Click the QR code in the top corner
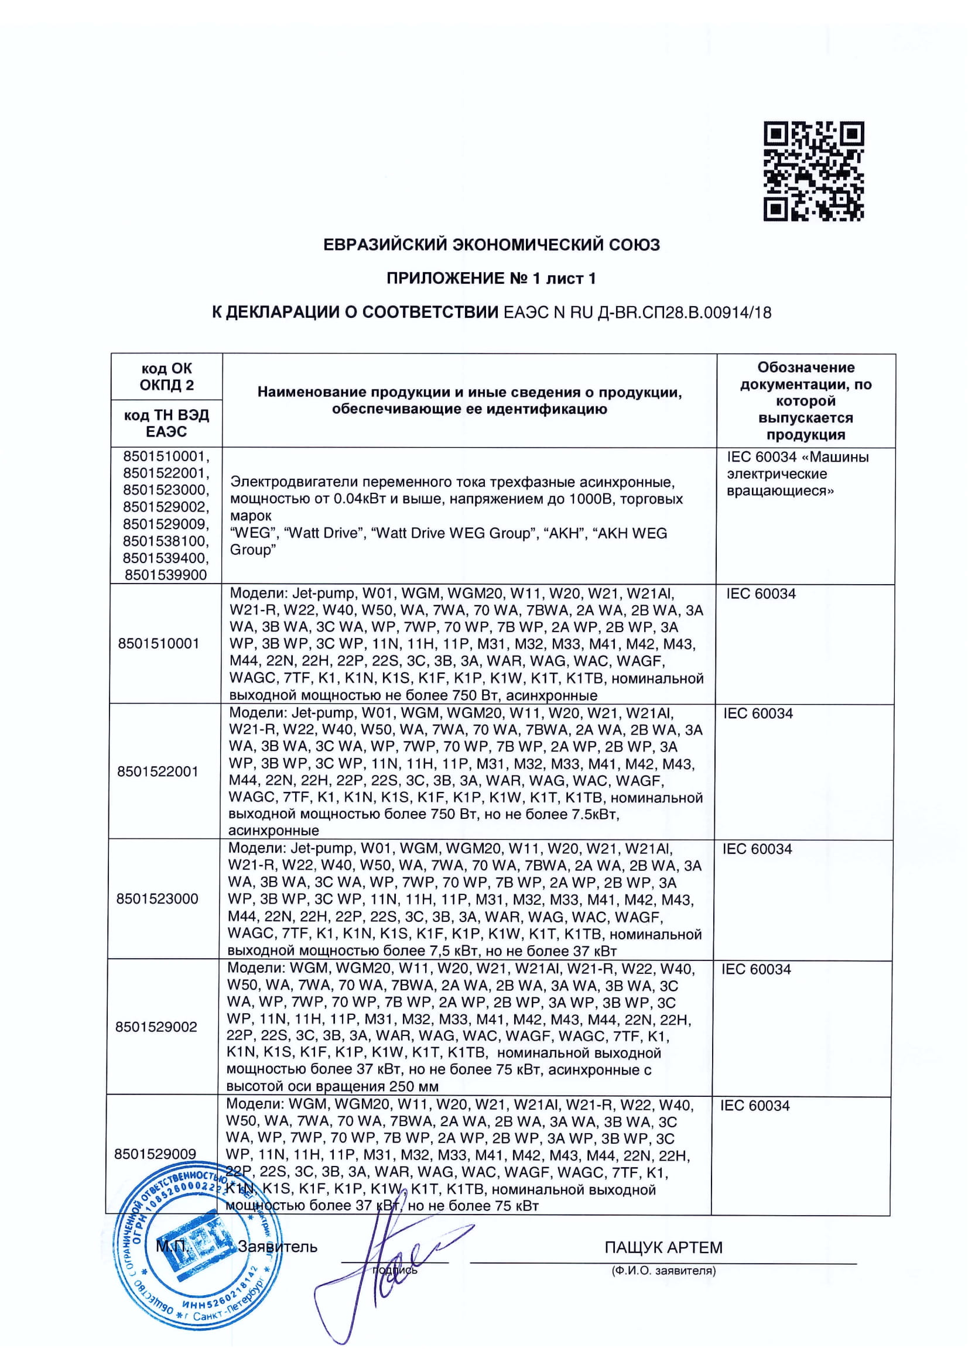[x=813, y=171]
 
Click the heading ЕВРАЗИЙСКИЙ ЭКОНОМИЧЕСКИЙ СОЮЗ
[x=491, y=245]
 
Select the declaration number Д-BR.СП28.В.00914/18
[x=684, y=313]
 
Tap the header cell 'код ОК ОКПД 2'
[x=166, y=376]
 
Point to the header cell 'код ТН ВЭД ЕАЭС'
[x=166, y=423]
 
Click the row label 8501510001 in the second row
[x=159, y=643]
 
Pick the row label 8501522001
[x=158, y=771]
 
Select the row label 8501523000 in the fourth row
[x=157, y=898]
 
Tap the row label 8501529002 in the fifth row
[x=156, y=1026]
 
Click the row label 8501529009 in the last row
[x=155, y=1154]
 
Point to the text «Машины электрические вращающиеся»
[x=798, y=474]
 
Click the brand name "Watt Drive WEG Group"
[x=450, y=533]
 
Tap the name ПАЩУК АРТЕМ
[x=663, y=1247]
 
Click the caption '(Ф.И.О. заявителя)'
[x=663, y=1271]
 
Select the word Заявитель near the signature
[x=278, y=1247]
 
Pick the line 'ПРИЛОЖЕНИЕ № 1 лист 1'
[x=491, y=279]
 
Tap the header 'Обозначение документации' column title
[x=806, y=401]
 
